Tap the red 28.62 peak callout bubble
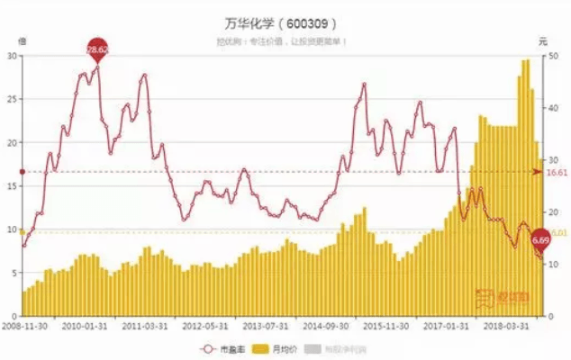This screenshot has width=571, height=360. tap(97, 49)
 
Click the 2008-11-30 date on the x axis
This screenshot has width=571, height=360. tap(24, 327)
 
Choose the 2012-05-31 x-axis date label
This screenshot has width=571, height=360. tap(204, 327)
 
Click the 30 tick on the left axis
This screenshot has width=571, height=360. tap(13, 56)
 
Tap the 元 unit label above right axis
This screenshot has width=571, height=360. tap(542, 40)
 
